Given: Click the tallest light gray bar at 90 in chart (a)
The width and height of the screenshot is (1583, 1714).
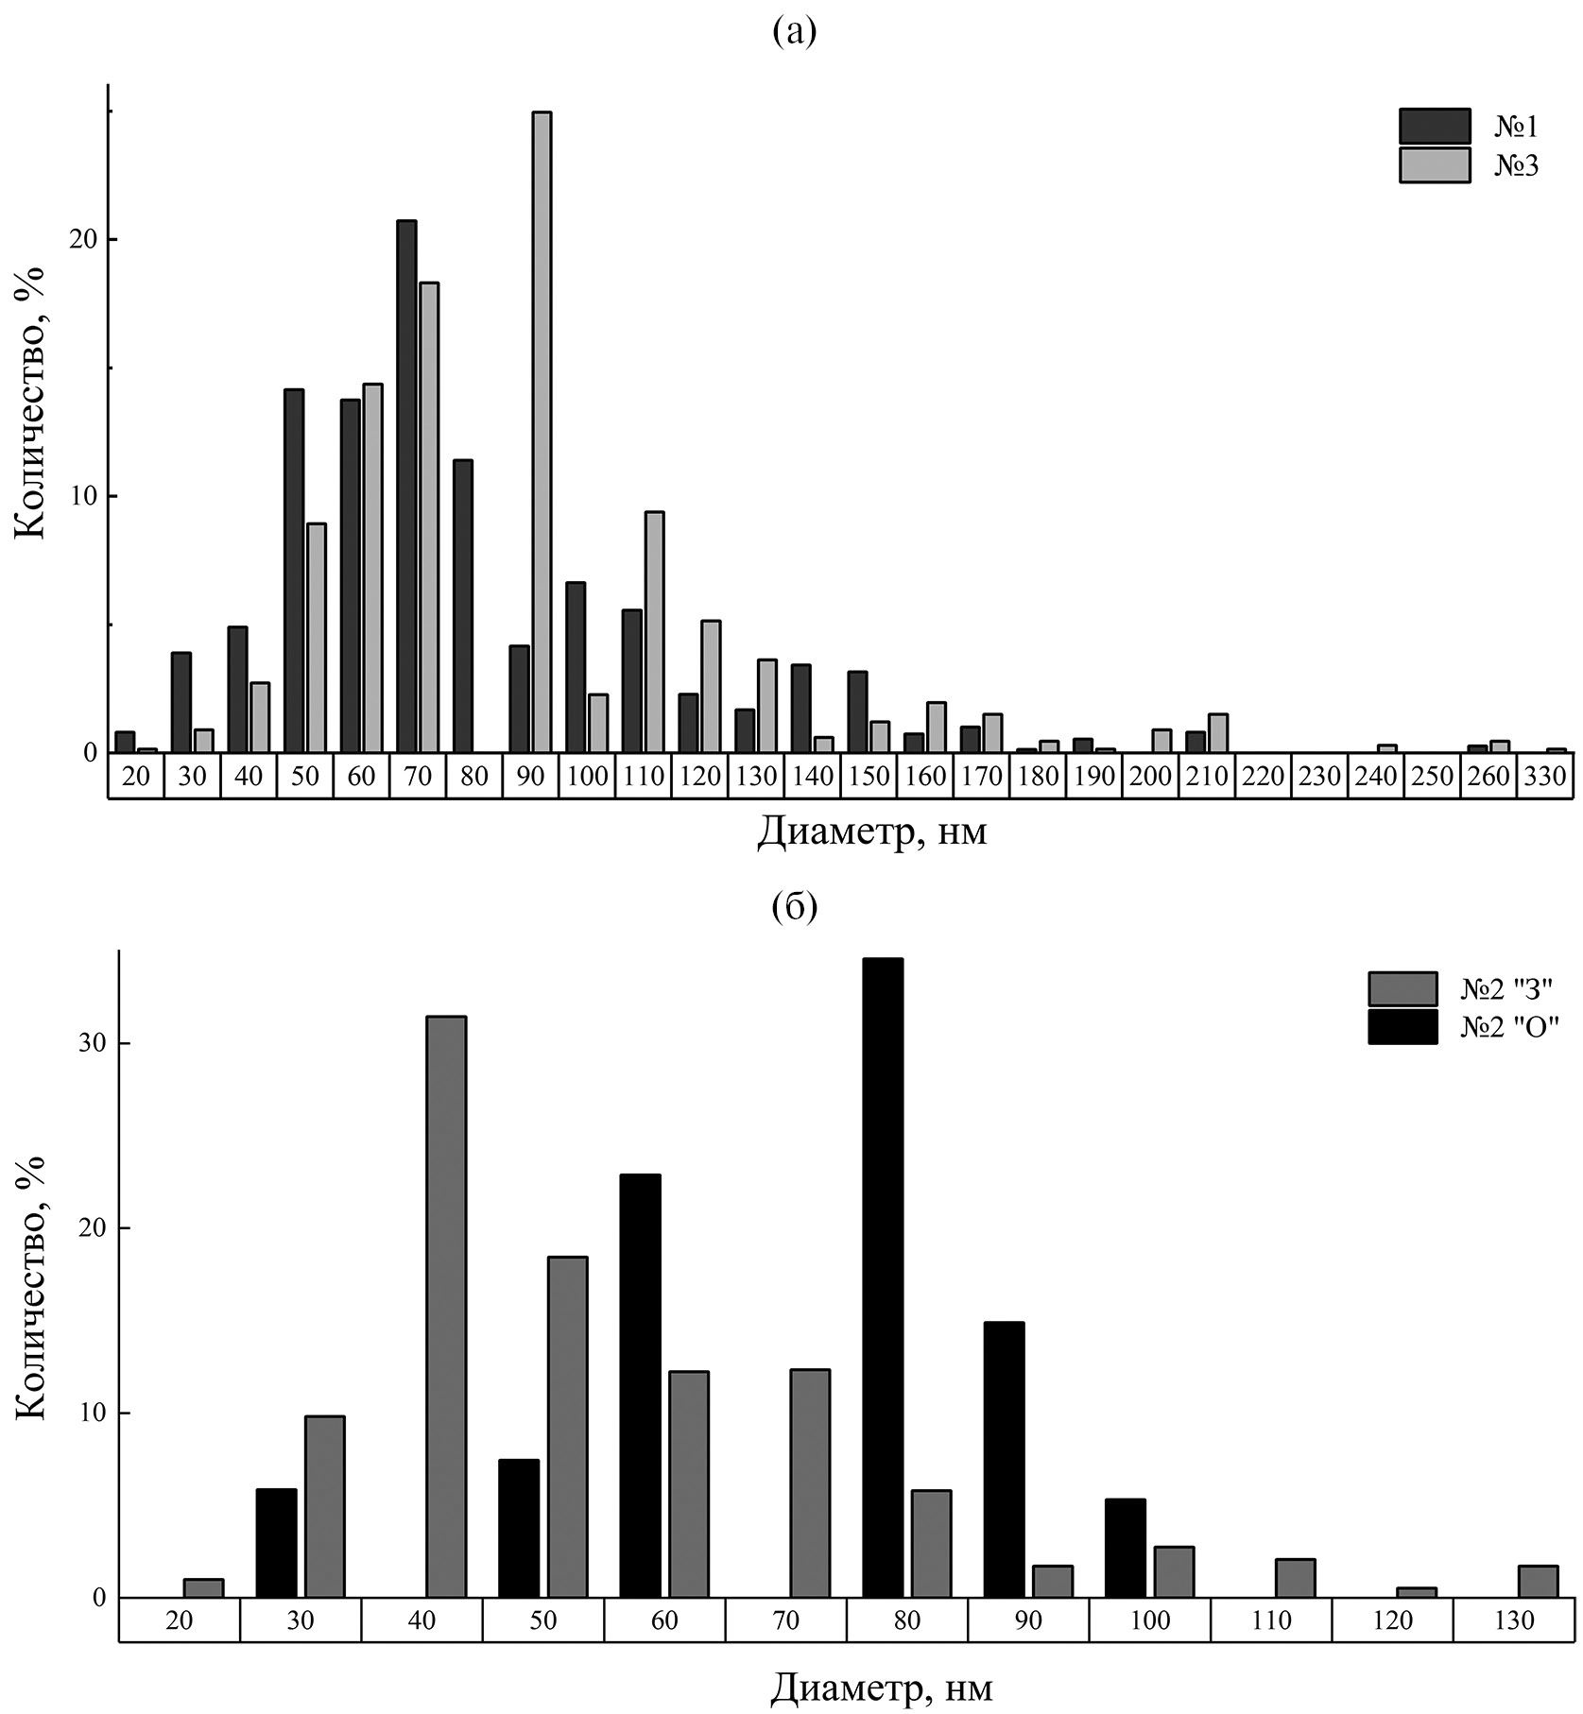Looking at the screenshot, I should (542, 432).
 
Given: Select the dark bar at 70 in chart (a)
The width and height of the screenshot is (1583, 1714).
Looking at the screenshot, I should (406, 487).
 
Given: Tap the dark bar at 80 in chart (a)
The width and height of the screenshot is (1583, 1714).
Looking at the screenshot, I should (463, 606).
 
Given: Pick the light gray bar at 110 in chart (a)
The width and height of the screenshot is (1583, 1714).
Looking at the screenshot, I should (654, 631).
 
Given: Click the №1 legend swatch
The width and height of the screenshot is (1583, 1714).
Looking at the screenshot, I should (1435, 126).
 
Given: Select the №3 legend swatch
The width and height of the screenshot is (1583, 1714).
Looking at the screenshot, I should (1435, 164).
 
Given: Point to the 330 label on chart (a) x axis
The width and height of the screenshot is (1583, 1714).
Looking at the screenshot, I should (1545, 777).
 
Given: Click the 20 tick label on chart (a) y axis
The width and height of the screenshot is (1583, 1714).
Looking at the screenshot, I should (84, 240).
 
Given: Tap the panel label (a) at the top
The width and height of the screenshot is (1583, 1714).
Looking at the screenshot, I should (794, 30).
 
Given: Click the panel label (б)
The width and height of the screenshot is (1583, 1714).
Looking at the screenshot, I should (794, 906).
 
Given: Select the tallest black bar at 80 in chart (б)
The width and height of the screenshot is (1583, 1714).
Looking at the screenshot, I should (883, 1278).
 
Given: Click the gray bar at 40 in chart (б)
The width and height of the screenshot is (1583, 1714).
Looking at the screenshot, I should (446, 1308).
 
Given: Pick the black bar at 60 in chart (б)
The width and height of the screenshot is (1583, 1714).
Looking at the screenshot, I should (640, 1386).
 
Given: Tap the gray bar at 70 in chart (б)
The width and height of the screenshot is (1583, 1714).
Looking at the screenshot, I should (810, 1483).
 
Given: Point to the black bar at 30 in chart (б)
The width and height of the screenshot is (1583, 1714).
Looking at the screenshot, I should (276, 1543).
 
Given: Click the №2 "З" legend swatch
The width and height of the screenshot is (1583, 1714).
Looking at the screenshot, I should (1402, 989).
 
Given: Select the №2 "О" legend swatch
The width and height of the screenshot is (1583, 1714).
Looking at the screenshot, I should (1402, 1027).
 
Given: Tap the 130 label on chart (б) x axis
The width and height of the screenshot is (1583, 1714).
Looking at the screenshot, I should (1514, 1620).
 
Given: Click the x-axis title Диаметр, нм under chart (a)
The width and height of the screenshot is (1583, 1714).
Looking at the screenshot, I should (871, 832).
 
